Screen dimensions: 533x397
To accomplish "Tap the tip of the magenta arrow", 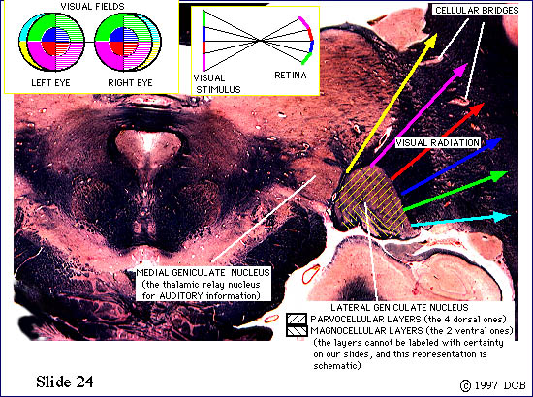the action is (468, 63).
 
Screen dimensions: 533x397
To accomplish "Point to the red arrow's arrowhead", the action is (484, 104).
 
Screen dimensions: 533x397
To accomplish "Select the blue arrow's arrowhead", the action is (502, 139).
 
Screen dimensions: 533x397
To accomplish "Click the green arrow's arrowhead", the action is (508, 172).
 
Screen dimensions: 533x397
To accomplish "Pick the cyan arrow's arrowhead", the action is (511, 216).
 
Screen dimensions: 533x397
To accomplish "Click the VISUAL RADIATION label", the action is (437, 143).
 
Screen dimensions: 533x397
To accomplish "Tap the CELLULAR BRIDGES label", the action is (477, 11).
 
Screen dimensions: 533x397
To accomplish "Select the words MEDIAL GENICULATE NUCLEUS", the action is (203, 273).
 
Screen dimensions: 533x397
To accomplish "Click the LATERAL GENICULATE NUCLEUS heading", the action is (399, 308).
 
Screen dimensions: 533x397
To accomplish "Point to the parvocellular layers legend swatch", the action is (297, 320).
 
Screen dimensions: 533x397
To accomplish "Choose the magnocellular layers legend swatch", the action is (297, 331).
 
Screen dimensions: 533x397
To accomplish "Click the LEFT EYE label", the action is (50, 83).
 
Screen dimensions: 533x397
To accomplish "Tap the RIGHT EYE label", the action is (130, 83).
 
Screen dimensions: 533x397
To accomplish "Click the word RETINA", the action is (291, 76).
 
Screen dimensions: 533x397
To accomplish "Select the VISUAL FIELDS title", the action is (92, 6).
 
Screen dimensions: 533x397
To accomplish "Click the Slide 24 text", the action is (65, 382).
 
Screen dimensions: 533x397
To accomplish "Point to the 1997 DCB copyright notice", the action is (493, 385).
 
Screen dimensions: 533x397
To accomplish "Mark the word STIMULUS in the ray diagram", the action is (218, 90).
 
